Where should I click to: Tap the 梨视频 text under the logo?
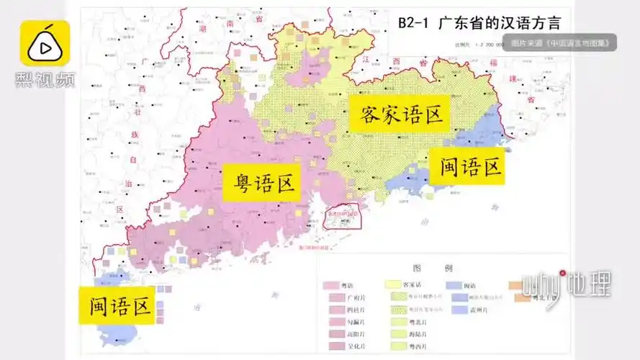pos(45,78)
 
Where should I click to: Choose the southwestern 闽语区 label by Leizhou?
pos(120,307)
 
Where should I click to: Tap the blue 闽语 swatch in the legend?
pos(455,285)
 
